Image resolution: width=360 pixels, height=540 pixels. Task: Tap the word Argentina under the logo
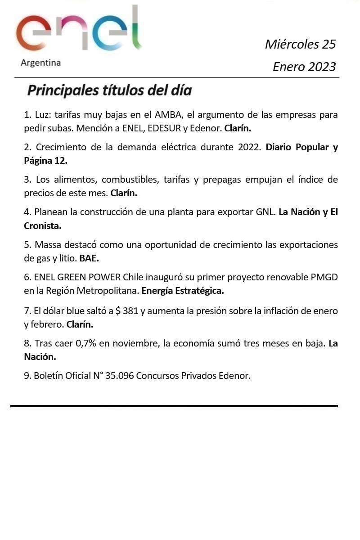pos(40,63)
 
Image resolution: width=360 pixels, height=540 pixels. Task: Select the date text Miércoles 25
pos(300,44)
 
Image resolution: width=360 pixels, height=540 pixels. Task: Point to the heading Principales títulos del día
pos(109,90)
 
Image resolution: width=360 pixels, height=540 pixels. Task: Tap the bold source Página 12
pos(45,160)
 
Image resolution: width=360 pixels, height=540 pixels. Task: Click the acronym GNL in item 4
pos(265,212)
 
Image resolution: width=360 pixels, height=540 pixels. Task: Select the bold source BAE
pos(89,258)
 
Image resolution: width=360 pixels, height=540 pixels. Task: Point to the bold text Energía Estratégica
pos(182,291)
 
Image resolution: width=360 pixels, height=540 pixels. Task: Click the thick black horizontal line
pos(174,406)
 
